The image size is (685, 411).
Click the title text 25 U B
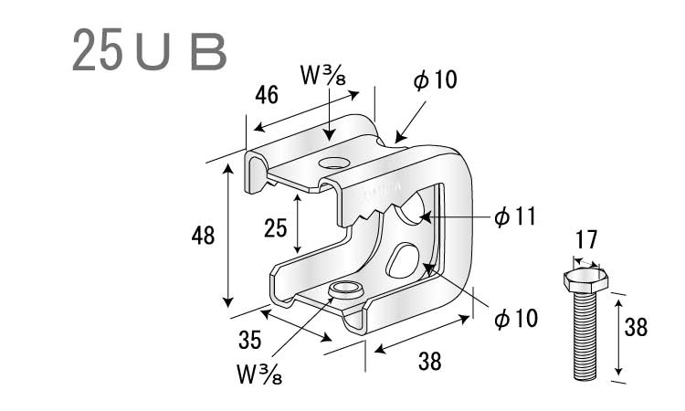(x=150, y=50)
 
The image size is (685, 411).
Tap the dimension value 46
(x=267, y=95)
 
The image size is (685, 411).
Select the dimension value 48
(x=203, y=236)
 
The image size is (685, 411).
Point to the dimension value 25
(x=275, y=228)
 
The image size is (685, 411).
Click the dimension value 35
(x=250, y=340)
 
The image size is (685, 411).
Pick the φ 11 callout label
(x=515, y=216)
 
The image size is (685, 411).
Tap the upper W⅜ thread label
(x=322, y=75)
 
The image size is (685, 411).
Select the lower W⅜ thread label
(x=259, y=374)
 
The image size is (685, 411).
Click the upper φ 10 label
(x=435, y=80)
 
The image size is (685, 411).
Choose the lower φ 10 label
(x=516, y=318)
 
